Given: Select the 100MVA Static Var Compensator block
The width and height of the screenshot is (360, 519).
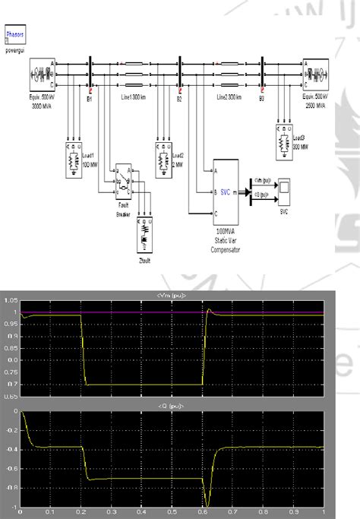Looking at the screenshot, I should pos(226,192).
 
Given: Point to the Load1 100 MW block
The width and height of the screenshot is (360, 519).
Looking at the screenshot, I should pos(72,160).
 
